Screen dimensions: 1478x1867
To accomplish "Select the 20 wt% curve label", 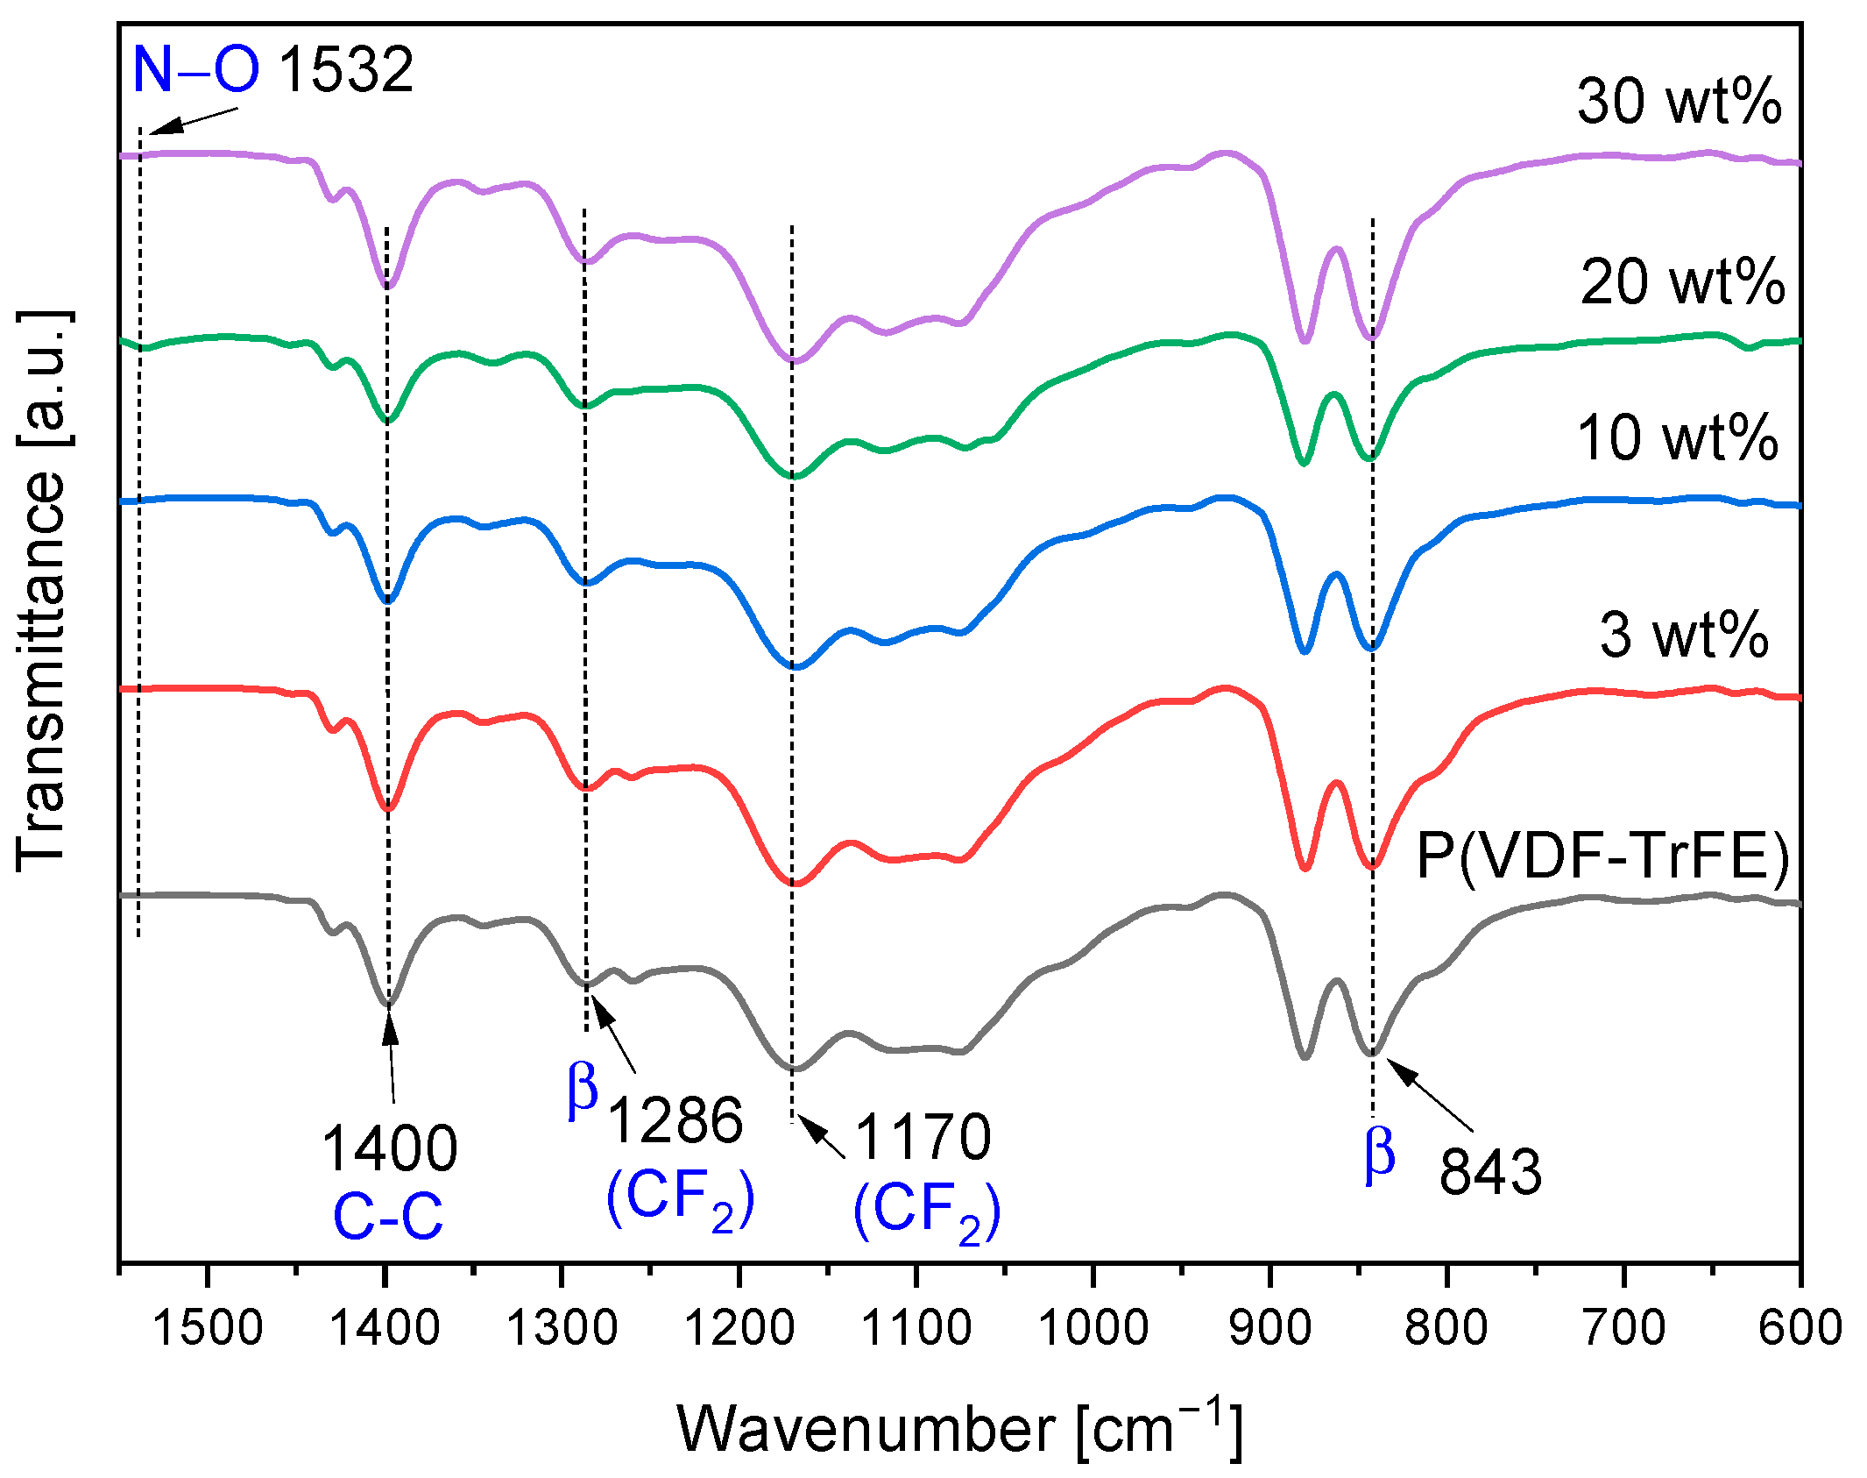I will coord(1681,282).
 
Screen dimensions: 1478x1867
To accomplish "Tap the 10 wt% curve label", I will coord(1677,437).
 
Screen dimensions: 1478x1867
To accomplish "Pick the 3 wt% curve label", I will coord(1683,635).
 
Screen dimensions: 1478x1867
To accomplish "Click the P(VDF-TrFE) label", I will coord(1602,856).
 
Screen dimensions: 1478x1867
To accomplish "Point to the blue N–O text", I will coord(195,69).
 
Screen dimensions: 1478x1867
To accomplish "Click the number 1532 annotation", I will coord(345,70).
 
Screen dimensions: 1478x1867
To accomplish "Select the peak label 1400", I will coord(390,1148).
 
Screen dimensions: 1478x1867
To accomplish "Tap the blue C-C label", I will coord(388,1217).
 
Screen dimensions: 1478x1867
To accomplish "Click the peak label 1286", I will coord(675,1120).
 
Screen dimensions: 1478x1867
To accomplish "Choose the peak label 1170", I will coord(923,1137).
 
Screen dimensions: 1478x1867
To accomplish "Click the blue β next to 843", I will coord(1379,1155).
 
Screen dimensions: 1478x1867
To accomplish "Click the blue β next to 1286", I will coord(583,1090).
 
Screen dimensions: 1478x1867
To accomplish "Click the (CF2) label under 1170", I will coord(926,1212).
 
